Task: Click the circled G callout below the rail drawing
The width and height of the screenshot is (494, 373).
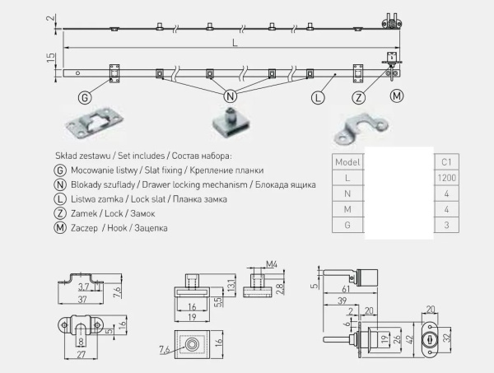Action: [84, 97]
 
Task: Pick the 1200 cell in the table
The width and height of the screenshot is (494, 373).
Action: [448, 177]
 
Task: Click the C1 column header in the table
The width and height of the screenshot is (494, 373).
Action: [448, 161]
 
